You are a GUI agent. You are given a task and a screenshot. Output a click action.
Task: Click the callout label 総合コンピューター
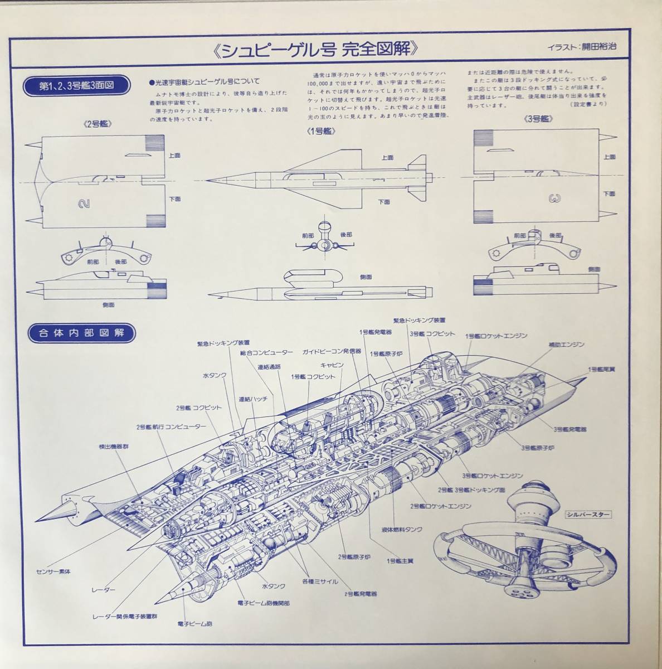point(266,353)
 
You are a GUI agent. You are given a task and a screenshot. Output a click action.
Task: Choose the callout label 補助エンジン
point(565,345)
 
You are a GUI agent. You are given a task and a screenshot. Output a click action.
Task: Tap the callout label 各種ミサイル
point(320,581)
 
